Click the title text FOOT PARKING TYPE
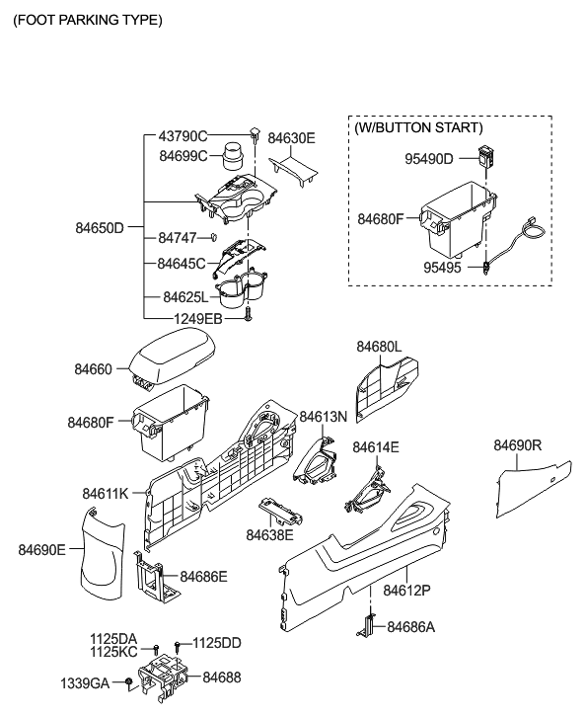coord(88,20)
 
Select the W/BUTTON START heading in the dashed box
coord(418,127)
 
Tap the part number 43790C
coord(183,136)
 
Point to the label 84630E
coord(292,138)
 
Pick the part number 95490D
coord(428,158)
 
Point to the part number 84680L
coord(379,347)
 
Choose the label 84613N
coord(324,417)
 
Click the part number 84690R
coord(518,446)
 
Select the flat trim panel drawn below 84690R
coord(533,489)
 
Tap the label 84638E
coord(270,534)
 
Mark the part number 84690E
coord(41,548)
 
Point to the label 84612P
coord(406,590)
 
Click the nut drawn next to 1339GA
coord(129,683)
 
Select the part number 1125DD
coord(216,642)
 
